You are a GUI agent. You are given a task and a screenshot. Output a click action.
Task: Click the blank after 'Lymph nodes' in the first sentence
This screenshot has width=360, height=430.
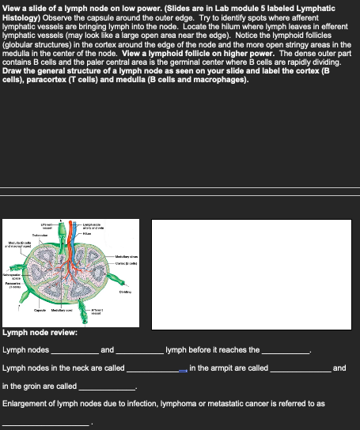pos(74,352)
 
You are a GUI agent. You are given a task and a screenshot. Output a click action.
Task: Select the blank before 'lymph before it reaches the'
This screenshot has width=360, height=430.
pos(141,352)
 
